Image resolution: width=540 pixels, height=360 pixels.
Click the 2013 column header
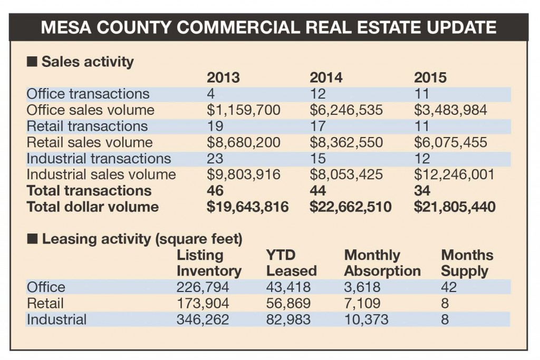223,78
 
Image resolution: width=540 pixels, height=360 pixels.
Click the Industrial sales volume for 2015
454,174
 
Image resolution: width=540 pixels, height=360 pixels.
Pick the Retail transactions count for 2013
215,127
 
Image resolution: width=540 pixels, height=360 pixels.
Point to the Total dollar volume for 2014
350,207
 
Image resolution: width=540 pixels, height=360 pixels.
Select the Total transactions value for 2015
422,191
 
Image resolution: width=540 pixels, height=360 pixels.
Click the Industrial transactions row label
99,159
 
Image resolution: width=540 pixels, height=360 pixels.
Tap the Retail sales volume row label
90,142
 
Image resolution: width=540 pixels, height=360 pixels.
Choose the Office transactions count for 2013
211,94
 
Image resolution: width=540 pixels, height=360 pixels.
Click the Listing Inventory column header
209,263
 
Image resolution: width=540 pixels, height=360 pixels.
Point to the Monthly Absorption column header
382,263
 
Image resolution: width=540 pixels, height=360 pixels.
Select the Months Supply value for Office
449,287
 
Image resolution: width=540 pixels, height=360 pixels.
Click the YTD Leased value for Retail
288,304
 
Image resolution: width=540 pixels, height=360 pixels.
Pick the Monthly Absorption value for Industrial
367,319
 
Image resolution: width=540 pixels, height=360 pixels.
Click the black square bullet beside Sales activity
32,62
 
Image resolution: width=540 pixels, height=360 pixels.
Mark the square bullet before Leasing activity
32,239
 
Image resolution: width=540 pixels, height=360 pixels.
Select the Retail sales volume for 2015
450,142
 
